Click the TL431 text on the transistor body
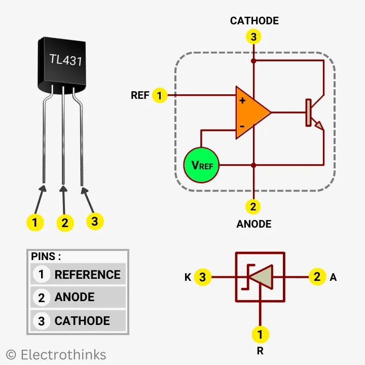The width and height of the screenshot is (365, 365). (66, 59)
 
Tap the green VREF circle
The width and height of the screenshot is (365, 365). (201, 165)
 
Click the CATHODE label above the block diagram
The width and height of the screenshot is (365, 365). (254, 21)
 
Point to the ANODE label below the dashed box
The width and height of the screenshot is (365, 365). (253, 224)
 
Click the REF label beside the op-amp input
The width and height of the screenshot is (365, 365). (140, 95)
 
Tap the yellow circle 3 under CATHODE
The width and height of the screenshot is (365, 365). (253, 37)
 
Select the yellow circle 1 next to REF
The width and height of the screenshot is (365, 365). (160, 95)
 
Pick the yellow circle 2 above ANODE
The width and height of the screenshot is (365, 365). (253, 206)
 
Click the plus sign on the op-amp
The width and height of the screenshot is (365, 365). (242, 100)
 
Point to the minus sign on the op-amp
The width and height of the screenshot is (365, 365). (242, 125)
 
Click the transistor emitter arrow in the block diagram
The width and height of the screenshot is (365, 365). (318, 125)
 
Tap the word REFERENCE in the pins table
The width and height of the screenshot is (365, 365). (87, 275)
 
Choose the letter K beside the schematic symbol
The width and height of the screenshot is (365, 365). (188, 277)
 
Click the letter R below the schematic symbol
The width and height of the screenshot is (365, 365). (260, 350)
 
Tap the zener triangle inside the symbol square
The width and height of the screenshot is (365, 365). (262, 277)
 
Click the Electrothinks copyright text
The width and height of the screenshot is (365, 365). (56, 354)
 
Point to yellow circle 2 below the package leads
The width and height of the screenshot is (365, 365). (64, 223)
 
